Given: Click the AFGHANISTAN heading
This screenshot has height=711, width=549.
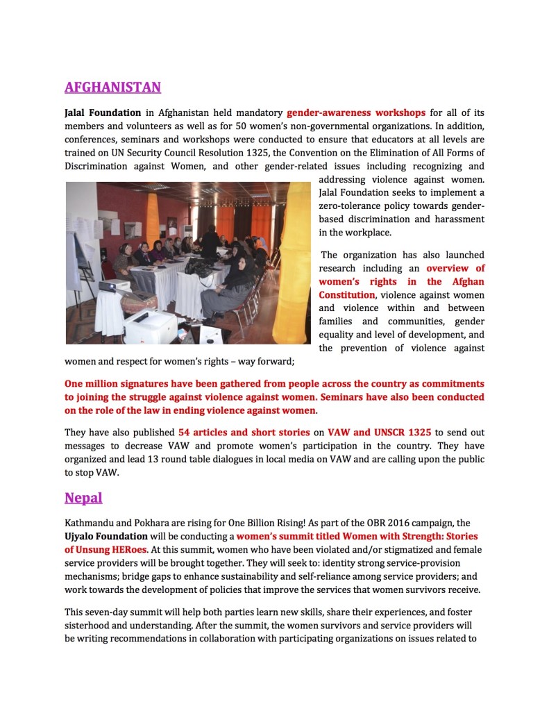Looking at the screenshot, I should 112,87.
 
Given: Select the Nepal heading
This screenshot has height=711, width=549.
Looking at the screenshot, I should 83,498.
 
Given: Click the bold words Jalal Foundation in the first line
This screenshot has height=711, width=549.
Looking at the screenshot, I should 103,112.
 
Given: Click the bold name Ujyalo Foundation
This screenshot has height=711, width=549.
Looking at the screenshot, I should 105,536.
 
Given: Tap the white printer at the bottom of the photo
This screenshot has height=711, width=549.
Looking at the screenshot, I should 150,326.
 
